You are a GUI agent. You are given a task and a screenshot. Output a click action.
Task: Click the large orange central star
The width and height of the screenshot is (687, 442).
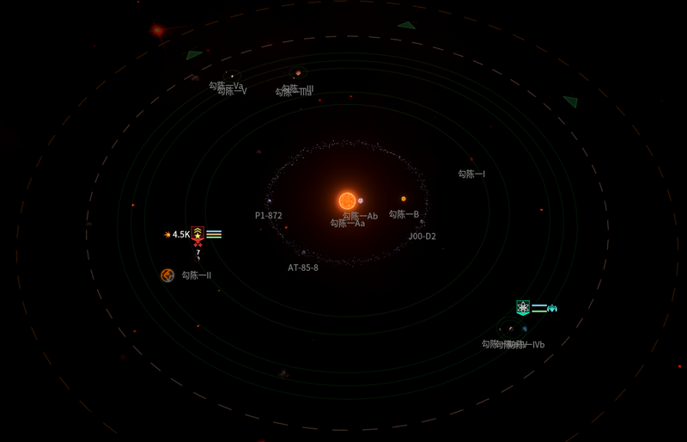[347, 200]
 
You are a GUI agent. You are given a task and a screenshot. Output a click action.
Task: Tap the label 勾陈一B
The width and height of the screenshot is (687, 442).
[404, 214]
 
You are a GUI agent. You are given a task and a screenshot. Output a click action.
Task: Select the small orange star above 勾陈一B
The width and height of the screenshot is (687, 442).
[404, 199]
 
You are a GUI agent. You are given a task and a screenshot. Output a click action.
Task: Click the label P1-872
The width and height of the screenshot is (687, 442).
[268, 216]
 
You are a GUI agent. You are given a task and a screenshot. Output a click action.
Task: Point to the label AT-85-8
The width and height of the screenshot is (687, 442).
[302, 267]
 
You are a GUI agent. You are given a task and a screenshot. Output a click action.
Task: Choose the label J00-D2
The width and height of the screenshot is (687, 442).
[422, 236]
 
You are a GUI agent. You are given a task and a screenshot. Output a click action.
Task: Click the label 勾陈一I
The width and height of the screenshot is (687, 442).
[471, 174]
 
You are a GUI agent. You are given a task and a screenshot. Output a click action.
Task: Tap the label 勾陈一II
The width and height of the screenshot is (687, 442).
[196, 275]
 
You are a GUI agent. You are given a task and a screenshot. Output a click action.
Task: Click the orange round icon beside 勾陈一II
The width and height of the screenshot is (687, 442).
[167, 275]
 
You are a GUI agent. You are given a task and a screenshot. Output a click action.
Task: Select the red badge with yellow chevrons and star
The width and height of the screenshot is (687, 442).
[198, 232]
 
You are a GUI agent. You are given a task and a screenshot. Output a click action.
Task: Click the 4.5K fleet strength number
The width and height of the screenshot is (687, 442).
[180, 235]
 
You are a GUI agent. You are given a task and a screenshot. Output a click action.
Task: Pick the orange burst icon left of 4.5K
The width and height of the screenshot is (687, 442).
[167, 235]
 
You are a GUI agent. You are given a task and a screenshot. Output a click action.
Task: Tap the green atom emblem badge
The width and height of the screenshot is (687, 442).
[522, 307]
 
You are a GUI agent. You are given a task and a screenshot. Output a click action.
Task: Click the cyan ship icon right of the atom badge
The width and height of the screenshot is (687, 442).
[552, 308]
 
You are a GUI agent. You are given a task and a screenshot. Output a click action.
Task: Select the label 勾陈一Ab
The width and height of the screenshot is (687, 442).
[361, 216]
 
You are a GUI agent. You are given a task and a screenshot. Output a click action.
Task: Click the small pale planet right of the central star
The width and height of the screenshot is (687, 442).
[361, 201]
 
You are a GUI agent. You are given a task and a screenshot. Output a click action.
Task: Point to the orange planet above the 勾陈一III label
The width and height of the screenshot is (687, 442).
[298, 73]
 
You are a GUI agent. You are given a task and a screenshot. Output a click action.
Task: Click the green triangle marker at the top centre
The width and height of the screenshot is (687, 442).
[406, 25]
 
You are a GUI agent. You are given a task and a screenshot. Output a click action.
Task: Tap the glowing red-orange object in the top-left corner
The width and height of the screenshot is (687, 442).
[157, 31]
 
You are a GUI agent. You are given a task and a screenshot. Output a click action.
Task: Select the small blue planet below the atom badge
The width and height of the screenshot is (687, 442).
[525, 328]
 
